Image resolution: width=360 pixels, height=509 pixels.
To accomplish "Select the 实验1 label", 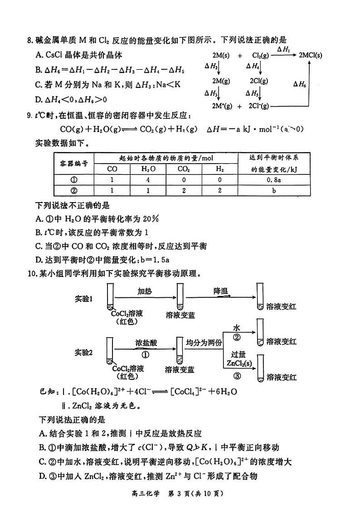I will click(x=83, y=299).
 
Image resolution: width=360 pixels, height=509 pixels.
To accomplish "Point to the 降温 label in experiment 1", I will click(x=221, y=291).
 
